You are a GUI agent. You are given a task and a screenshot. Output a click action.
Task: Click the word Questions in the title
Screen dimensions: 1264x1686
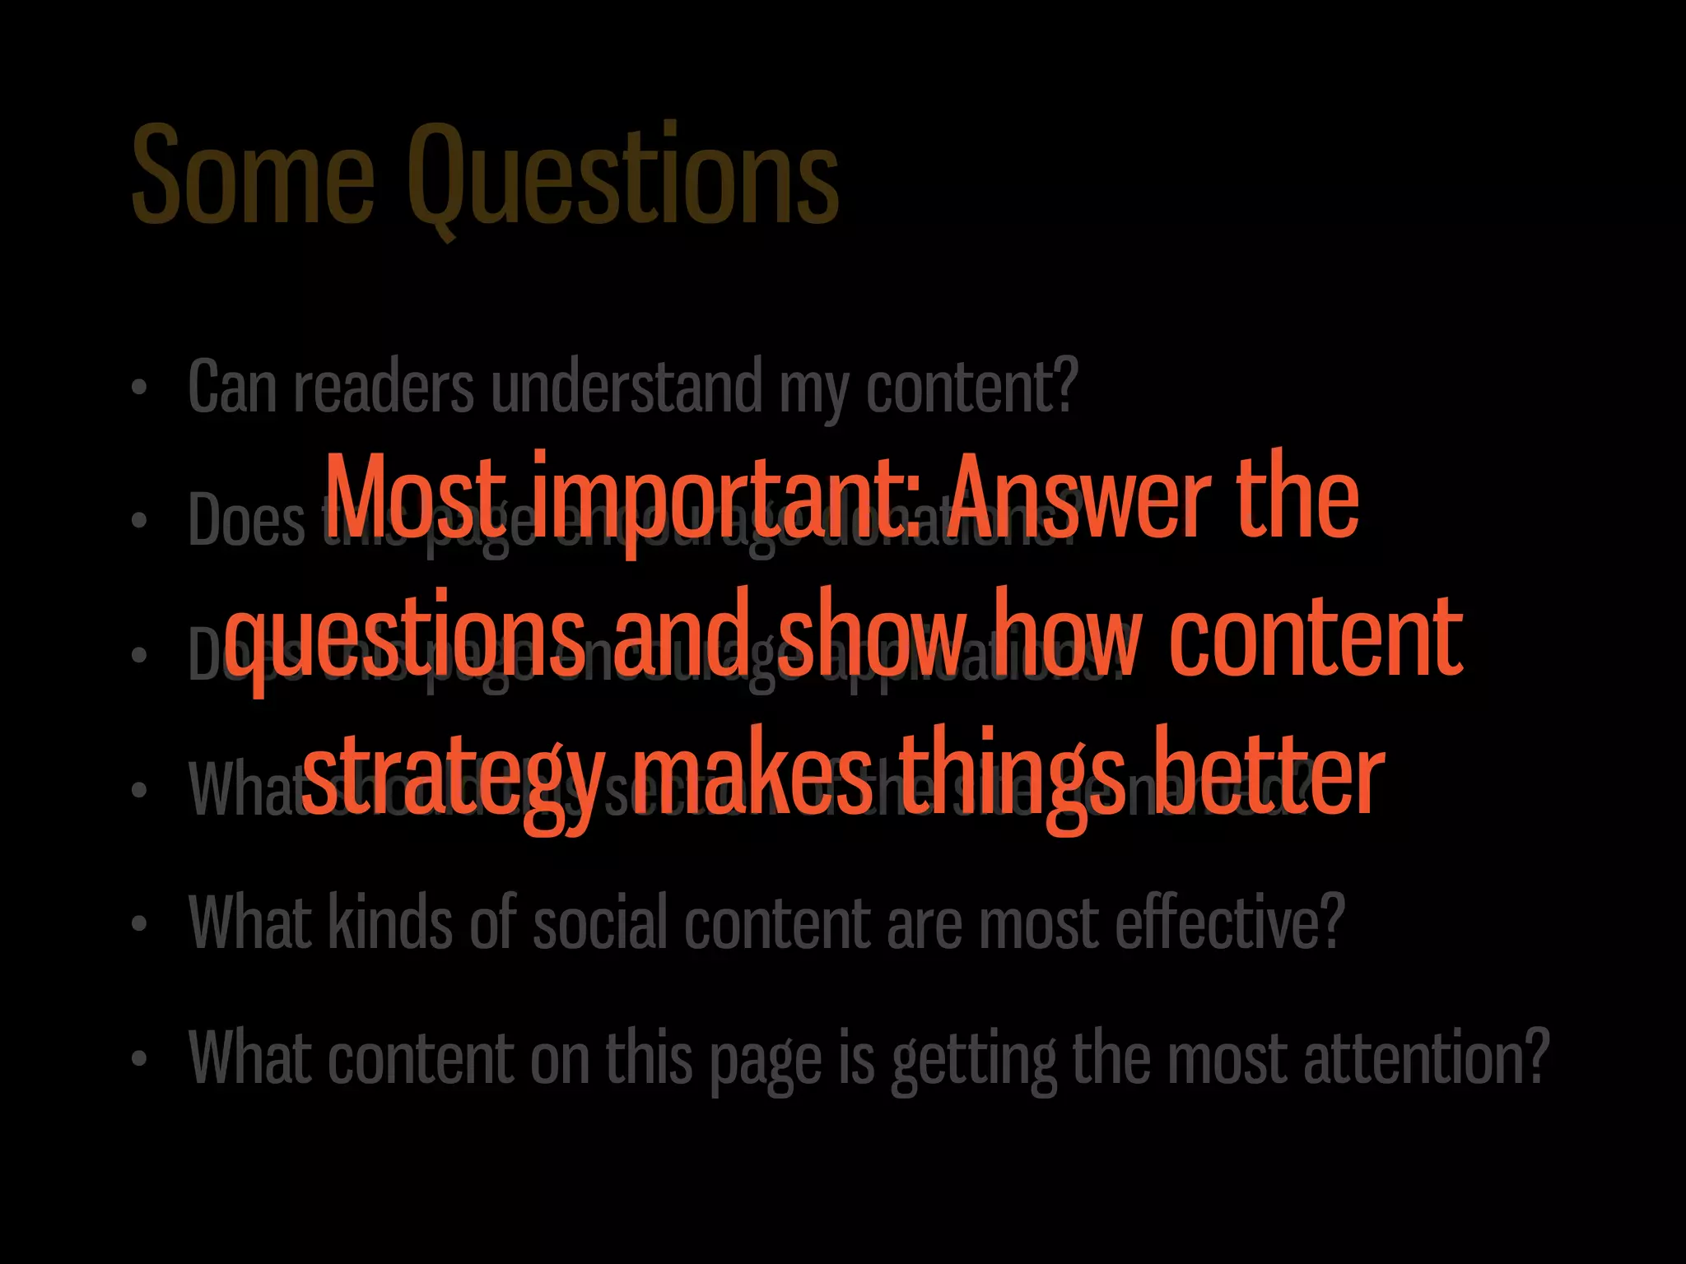(623, 177)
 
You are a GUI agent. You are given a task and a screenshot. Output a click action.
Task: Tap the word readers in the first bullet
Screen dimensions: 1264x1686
(384, 388)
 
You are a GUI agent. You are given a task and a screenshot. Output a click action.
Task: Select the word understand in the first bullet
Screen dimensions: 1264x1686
(626, 386)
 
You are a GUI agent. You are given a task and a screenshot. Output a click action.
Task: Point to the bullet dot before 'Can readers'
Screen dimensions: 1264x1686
(139, 388)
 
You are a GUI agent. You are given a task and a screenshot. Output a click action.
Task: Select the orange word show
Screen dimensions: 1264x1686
(872, 634)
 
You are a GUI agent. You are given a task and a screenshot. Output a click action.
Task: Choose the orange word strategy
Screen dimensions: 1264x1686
(453, 778)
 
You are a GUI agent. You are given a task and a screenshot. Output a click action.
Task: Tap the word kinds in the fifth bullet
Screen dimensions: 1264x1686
(390, 922)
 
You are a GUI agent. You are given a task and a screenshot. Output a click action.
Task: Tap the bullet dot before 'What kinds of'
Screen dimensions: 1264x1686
(139, 924)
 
